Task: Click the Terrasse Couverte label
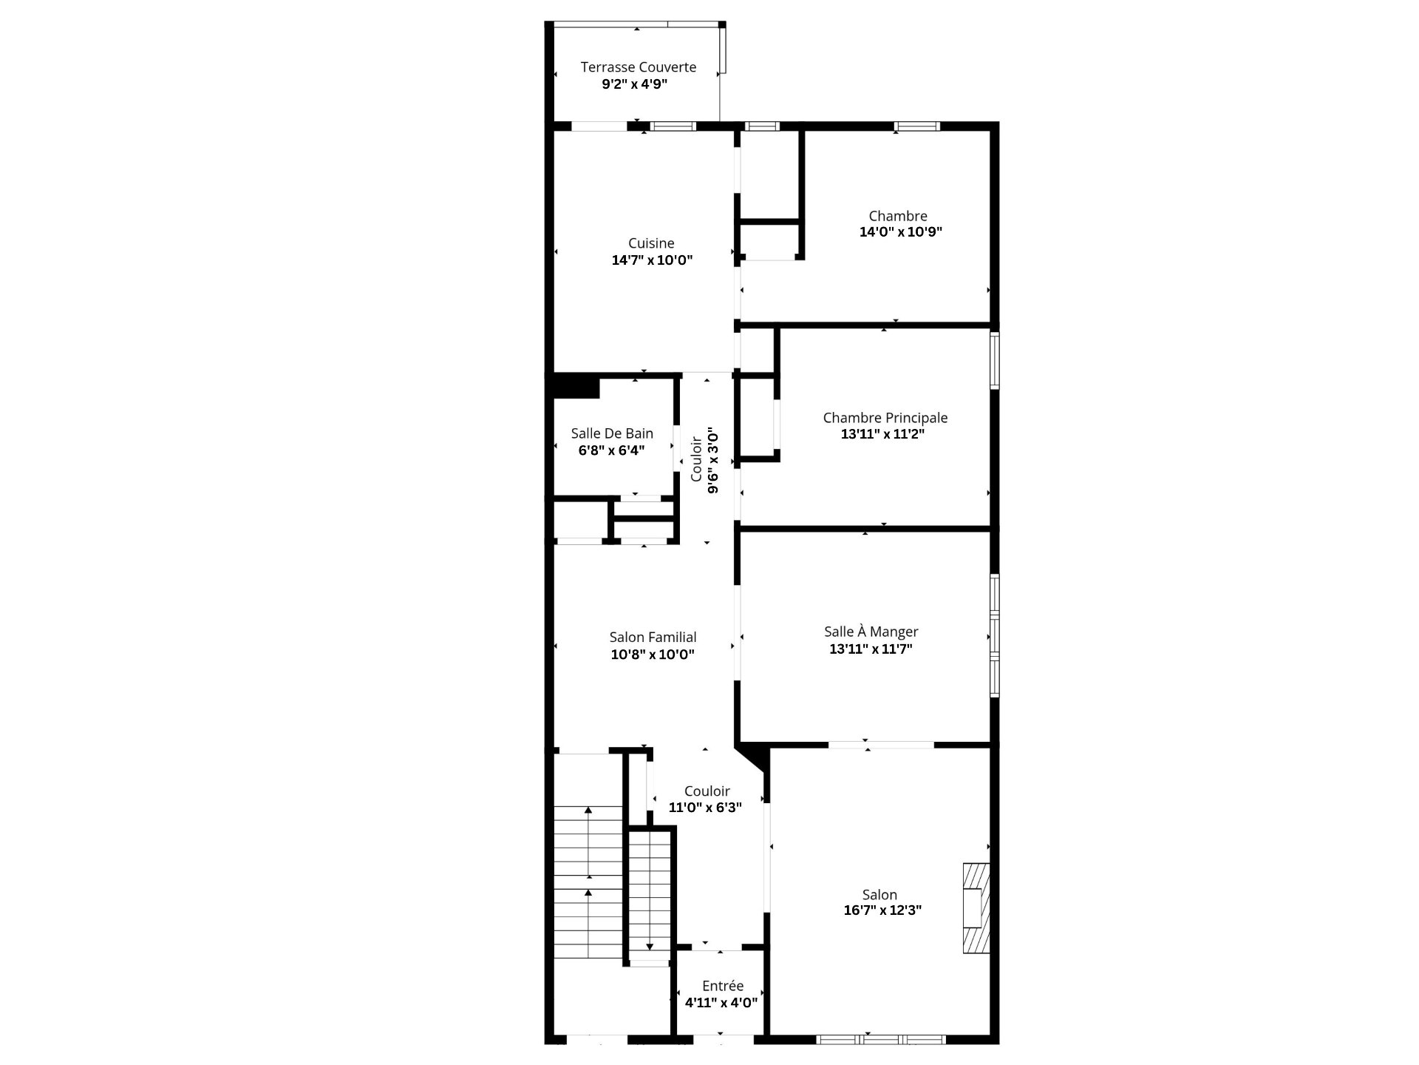639,67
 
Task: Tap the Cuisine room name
651,243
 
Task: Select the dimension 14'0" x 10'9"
900,232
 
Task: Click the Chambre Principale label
885,418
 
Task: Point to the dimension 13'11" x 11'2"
882,434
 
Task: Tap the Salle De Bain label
612,433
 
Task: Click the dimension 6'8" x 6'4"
611,450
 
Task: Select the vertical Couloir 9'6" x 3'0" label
704,460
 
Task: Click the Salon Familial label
653,638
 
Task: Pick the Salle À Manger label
871,632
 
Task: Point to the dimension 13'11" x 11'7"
871,649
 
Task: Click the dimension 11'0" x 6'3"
705,808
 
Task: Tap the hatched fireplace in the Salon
976,908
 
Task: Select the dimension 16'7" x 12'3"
882,910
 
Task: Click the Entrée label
723,986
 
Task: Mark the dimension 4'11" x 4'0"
721,1003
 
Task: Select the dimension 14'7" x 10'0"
652,260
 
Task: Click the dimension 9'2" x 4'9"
635,84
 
